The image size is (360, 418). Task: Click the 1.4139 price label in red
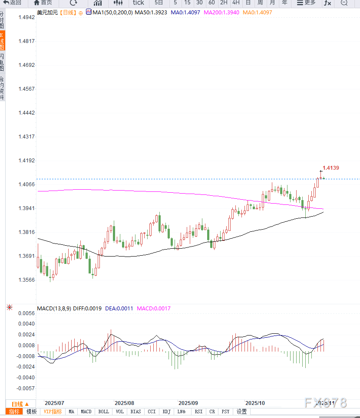point(330,168)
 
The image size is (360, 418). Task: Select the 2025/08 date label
point(124,403)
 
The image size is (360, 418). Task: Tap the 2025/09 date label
point(188,403)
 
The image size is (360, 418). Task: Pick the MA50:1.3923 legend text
point(151,13)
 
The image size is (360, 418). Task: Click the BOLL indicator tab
point(103,411)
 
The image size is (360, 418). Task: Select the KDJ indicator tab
point(166,411)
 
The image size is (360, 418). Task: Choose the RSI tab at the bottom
point(198,411)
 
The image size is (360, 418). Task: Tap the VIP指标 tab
point(53,411)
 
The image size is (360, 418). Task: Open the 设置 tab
point(241,411)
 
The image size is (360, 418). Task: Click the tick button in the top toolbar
point(138,3)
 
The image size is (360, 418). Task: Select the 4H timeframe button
point(236,3)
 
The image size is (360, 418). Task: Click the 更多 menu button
point(306,3)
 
